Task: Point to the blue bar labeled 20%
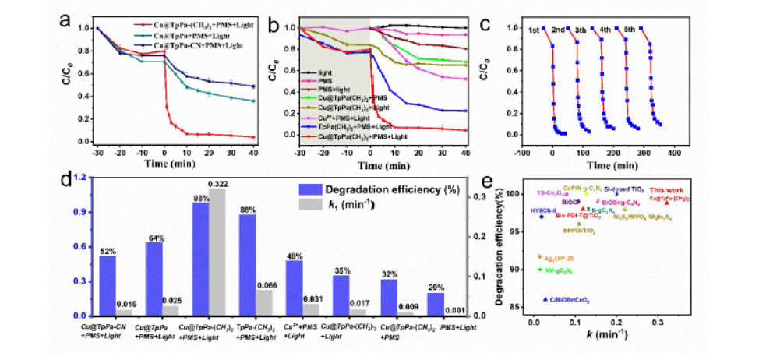coord(435,304)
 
